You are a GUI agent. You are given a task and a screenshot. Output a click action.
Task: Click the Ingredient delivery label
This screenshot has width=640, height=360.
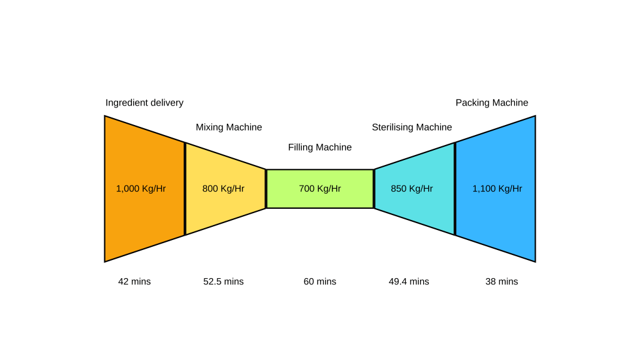pyautogui.click(x=144, y=103)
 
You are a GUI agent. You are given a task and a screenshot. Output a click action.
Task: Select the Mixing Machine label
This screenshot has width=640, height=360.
pyautogui.click(x=229, y=127)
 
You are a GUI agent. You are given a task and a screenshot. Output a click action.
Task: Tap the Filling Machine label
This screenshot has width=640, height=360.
pyautogui.click(x=320, y=147)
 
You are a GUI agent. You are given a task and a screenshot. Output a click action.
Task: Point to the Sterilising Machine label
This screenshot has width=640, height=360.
pyautogui.click(x=412, y=127)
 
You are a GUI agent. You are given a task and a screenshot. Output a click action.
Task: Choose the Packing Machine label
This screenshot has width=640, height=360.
pyautogui.click(x=492, y=103)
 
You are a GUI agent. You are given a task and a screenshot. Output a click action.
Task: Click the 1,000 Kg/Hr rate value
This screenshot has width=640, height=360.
pyautogui.click(x=141, y=189)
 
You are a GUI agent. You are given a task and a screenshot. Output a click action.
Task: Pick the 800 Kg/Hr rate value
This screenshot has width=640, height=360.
pyautogui.click(x=223, y=189)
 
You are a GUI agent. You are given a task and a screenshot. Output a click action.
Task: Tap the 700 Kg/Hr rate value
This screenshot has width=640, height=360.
pyautogui.click(x=320, y=189)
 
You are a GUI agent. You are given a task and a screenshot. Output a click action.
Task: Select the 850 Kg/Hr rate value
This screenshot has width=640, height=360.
pyautogui.click(x=412, y=189)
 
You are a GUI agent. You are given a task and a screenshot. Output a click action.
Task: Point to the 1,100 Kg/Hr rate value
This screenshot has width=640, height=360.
pyautogui.click(x=497, y=189)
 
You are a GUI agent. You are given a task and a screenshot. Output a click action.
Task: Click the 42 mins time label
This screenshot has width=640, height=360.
pyautogui.click(x=134, y=282)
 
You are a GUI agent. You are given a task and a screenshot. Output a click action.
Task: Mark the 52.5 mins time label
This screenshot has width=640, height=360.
pyautogui.click(x=224, y=282)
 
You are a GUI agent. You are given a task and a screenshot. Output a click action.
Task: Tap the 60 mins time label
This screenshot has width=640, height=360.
pyautogui.click(x=320, y=282)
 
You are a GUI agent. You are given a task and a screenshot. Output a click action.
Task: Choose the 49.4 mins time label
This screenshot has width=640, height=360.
pyautogui.click(x=409, y=282)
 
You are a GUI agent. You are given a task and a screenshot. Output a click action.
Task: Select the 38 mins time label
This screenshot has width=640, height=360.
pyautogui.click(x=502, y=282)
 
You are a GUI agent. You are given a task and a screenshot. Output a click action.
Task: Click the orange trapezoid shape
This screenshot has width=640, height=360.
pyautogui.click(x=144, y=219)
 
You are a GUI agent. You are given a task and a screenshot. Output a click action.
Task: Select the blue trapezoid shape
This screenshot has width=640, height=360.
pyautogui.click(x=497, y=219)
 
